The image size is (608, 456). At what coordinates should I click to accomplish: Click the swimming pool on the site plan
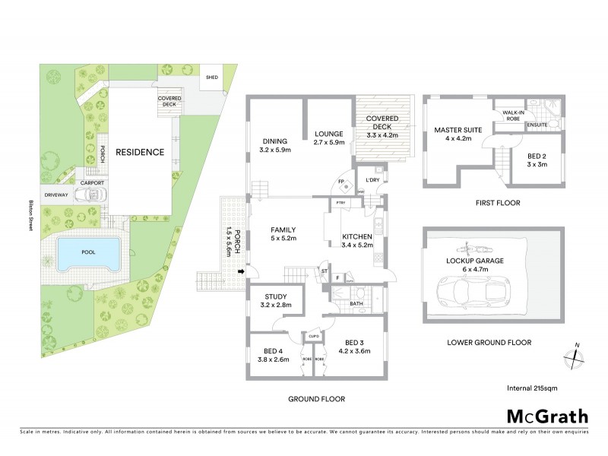(x=88, y=252)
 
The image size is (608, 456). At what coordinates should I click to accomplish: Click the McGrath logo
(x=547, y=416)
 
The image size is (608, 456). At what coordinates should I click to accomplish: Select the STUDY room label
(x=275, y=297)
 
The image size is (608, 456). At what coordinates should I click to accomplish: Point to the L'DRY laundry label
(x=372, y=179)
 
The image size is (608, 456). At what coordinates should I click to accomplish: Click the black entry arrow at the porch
(x=242, y=271)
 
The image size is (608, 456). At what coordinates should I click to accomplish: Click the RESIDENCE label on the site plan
(x=139, y=152)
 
